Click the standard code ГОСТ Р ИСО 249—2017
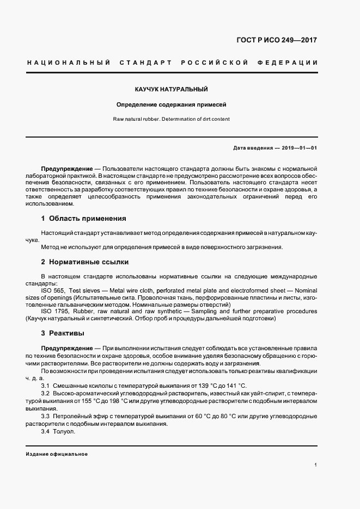277,40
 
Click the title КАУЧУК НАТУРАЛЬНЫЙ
172,89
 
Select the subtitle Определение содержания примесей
171,104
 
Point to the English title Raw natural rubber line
171,119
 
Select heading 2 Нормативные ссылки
84,262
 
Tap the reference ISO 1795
55,311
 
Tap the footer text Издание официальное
57,454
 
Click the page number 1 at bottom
316,465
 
